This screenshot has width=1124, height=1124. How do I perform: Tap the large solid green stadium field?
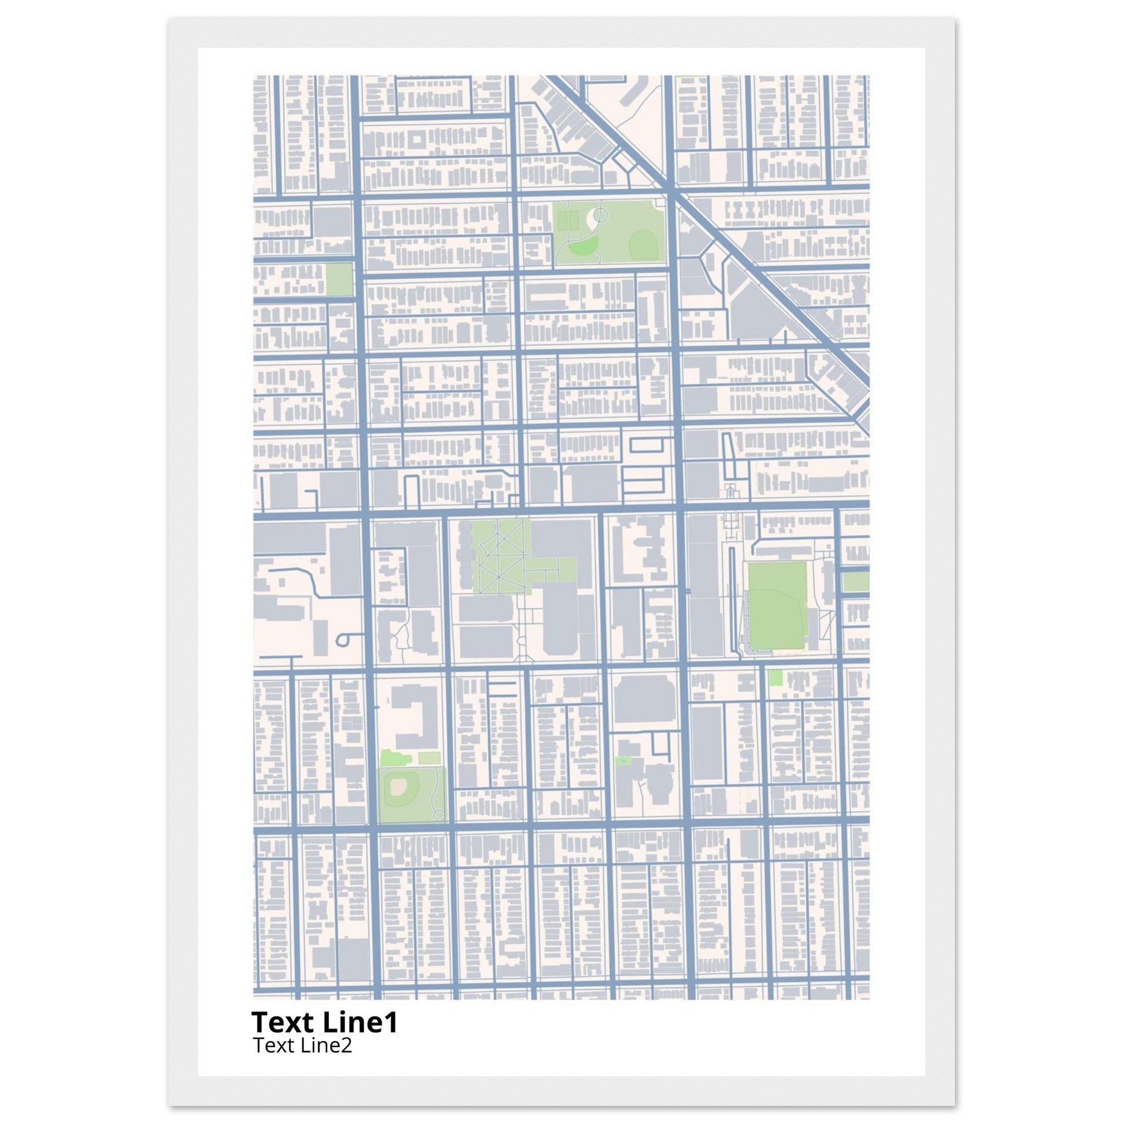[x=777, y=605]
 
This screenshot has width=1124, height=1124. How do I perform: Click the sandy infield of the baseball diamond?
[x=398, y=786]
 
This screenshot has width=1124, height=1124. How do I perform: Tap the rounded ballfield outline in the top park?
[x=642, y=243]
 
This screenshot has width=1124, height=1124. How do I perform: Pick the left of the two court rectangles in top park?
[x=562, y=221]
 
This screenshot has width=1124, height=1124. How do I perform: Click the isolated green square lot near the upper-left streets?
[x=339, y=279]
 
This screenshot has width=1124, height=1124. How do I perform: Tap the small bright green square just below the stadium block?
[x=775, y=677]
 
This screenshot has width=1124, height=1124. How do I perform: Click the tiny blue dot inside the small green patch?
[x=622, y=760]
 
